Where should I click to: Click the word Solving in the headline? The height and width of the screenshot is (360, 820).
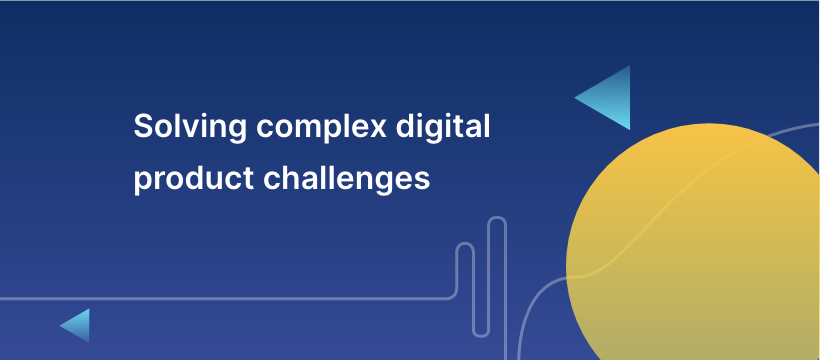click(190, 127)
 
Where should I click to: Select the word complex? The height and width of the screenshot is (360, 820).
click(321, 127)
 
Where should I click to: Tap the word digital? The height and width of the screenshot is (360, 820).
click(443, 127)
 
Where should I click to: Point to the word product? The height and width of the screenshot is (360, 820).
click(193, 179)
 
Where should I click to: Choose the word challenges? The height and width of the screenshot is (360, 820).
click(346, 179)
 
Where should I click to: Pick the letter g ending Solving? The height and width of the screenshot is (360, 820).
click(236, 132)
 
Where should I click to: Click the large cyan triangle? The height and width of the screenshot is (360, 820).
click(611, 98)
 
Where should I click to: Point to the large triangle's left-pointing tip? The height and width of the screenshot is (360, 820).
click(575, 97)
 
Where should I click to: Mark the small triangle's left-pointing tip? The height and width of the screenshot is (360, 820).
click(60, 325)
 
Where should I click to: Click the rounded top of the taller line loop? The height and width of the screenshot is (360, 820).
click(497, 218)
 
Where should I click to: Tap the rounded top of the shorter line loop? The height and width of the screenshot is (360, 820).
click(465, 244)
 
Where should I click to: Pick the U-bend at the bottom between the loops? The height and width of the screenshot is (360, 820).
click(481, 335)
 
